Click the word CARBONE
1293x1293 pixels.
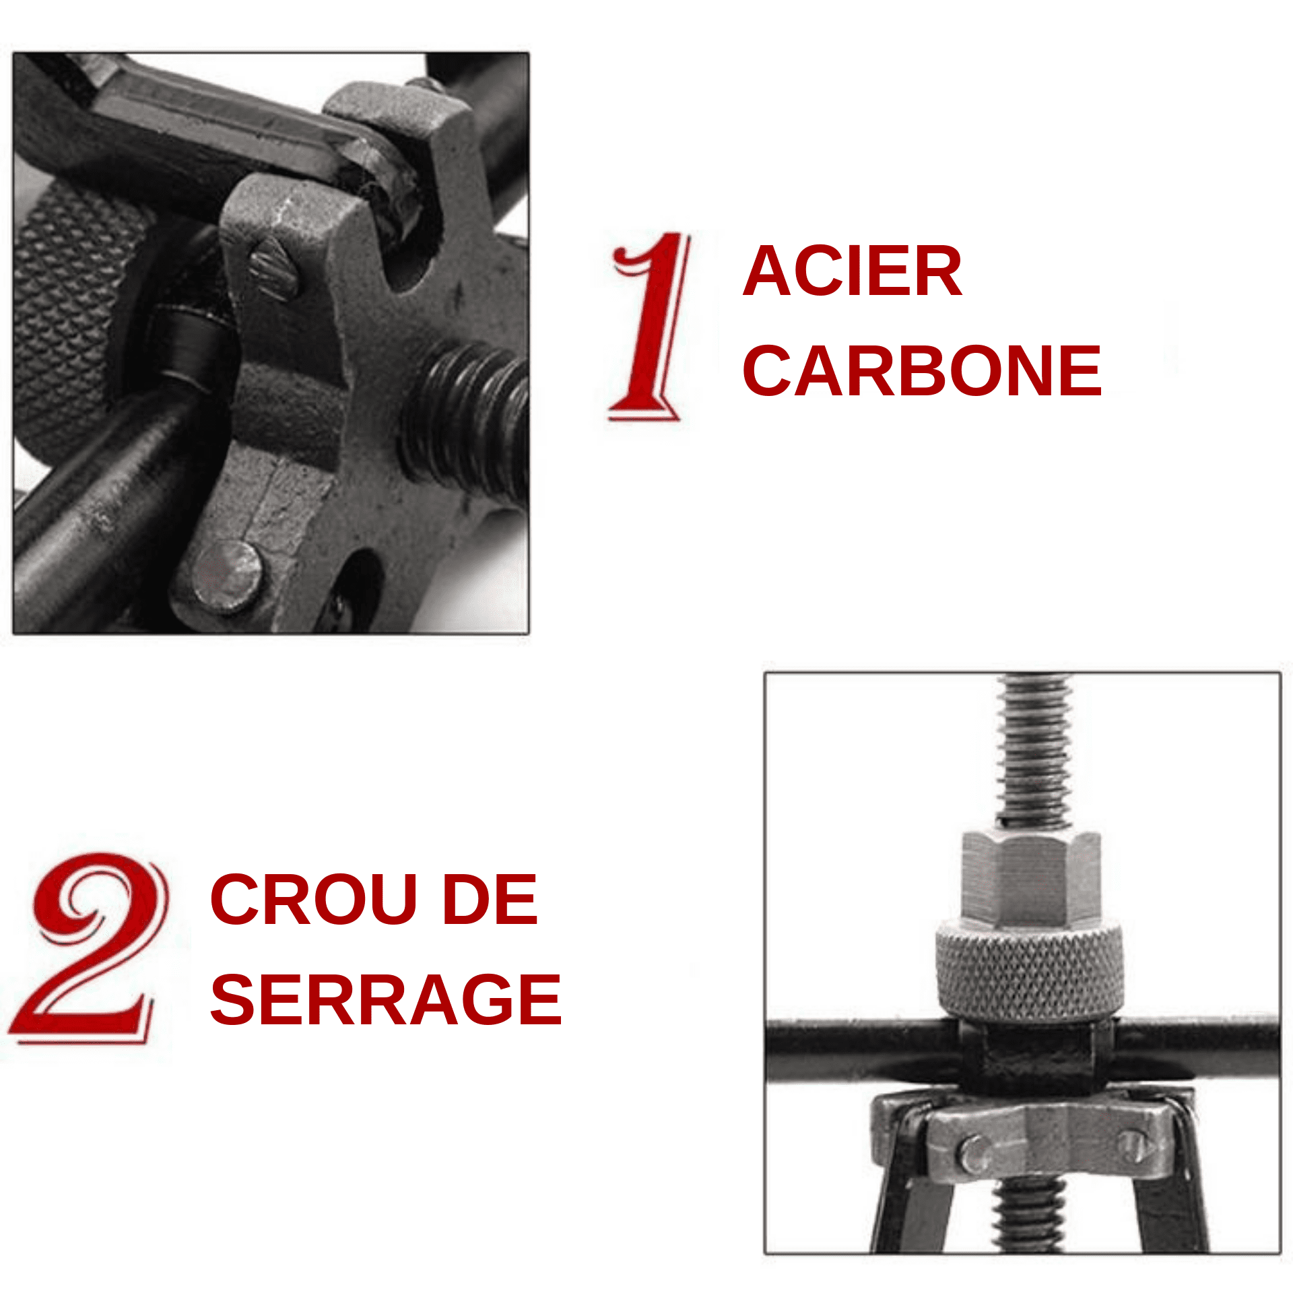tap(921, 371)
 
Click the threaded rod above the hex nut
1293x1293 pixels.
tap(1034, 748)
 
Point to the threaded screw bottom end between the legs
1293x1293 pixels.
tap(1028, 1212)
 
